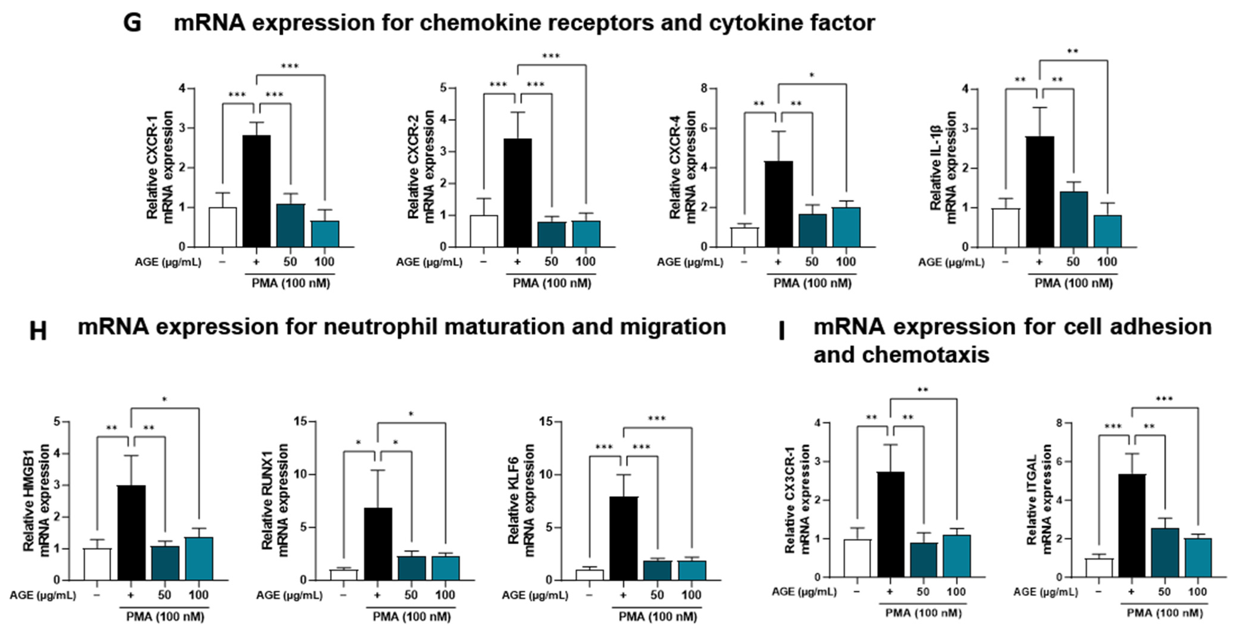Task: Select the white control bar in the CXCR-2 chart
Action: (484, 231)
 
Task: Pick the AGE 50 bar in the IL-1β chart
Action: (1073, 219)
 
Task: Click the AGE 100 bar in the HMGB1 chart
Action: (199, 559)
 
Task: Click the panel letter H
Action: (38, 331)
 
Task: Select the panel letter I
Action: (781, 331)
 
